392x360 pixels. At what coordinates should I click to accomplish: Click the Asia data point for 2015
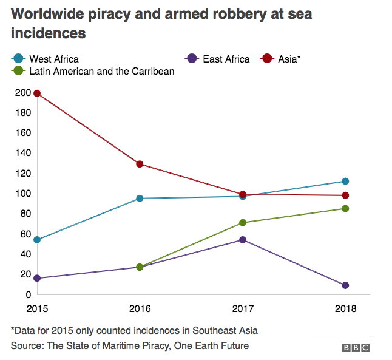point(37,93)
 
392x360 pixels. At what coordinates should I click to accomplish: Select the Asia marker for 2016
point(140,164)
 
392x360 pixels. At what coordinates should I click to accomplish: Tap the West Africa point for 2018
point(345,181)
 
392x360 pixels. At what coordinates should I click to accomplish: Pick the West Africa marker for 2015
point(37,240)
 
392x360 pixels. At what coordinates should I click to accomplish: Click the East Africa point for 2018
point(345,285)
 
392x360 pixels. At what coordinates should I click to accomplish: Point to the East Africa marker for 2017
point(243,240)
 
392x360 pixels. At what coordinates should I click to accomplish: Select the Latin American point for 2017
point(243,223)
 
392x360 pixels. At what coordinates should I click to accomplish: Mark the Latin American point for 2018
point(345,208)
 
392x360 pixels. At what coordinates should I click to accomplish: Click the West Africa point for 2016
point(140,199)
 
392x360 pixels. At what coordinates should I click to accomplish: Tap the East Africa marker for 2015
point(37,278)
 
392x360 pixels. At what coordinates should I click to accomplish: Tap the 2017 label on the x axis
point(243,307)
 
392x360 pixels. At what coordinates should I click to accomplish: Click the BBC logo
point(356,347)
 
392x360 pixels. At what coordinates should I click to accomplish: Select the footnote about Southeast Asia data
point(133,330)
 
